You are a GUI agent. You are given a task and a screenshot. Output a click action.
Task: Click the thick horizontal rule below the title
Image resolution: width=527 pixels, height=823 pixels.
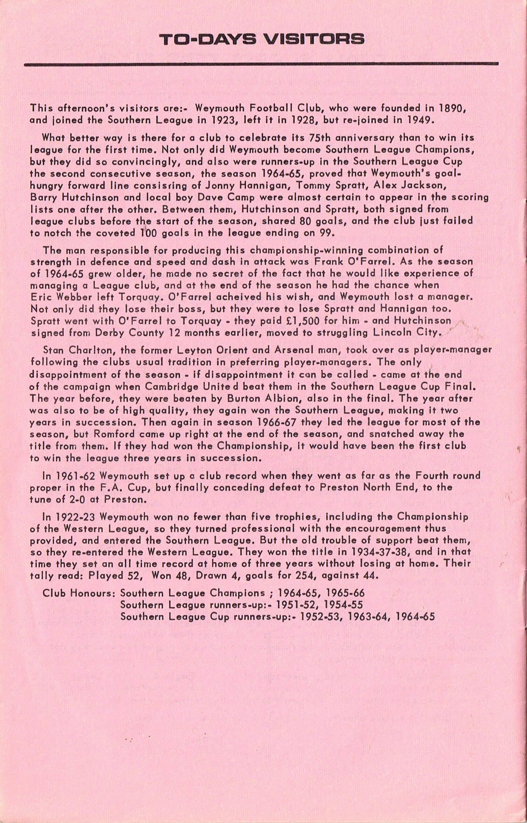point(261,64)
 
